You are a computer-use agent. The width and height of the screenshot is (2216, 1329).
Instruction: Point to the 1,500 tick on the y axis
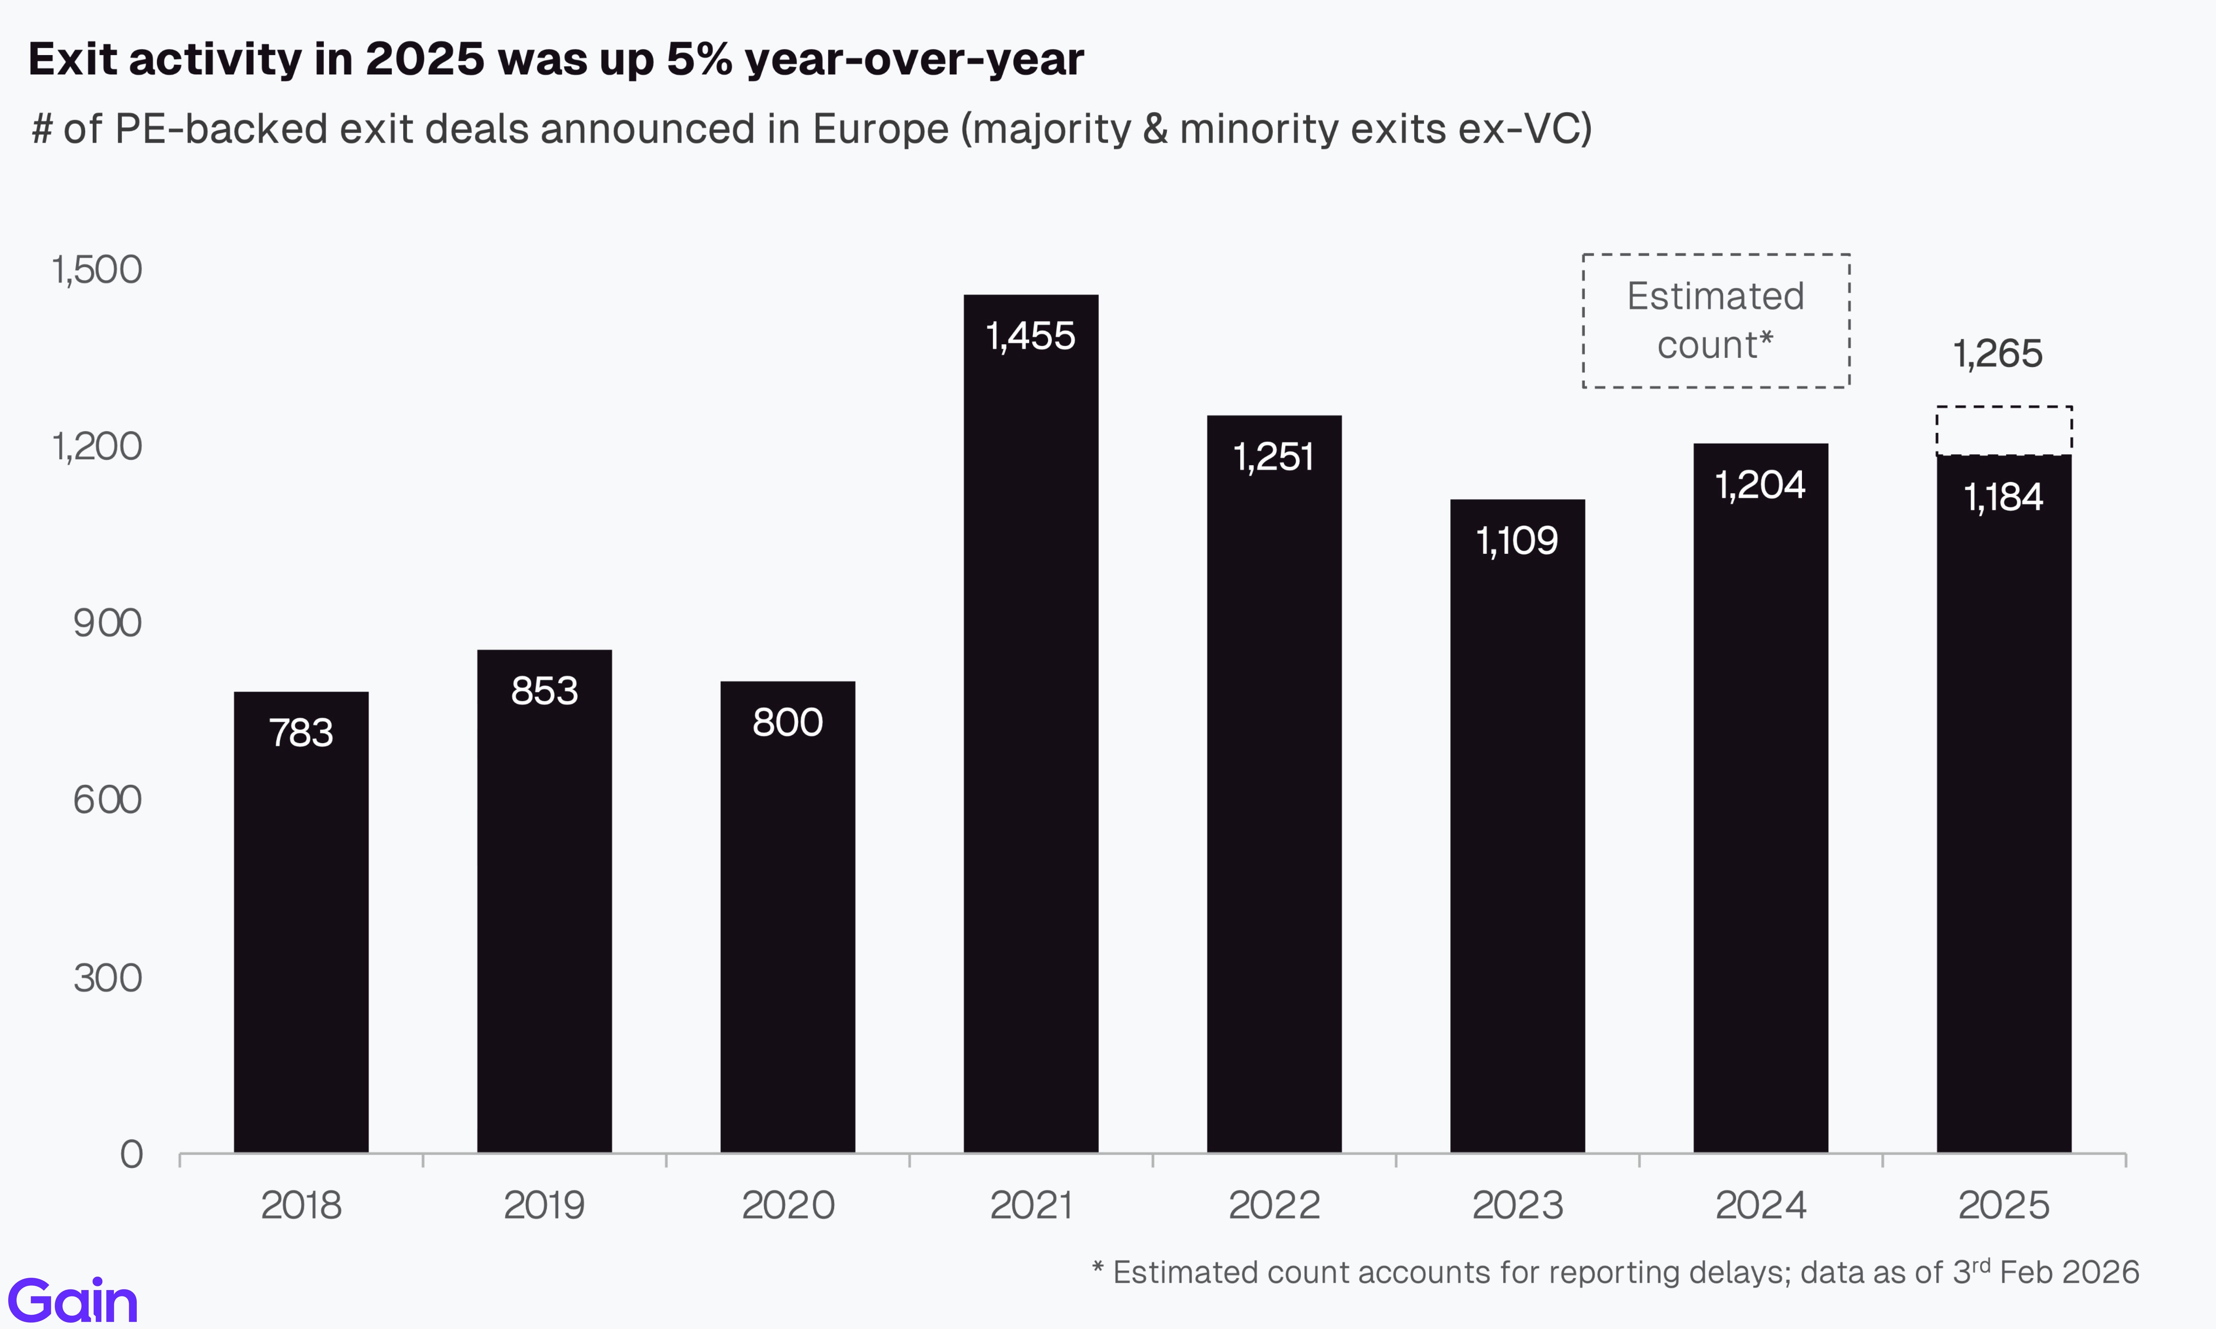97,270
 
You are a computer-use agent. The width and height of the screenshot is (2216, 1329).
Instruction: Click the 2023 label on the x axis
1517,1205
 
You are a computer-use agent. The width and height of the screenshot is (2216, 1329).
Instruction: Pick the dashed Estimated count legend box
1715,321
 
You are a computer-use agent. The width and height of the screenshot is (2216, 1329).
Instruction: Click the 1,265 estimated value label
1998,354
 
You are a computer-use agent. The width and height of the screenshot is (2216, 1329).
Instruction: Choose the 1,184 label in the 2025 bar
2004,497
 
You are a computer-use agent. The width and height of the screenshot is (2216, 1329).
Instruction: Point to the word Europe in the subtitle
879,129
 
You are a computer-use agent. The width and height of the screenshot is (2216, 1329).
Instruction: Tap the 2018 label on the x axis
301,1205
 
